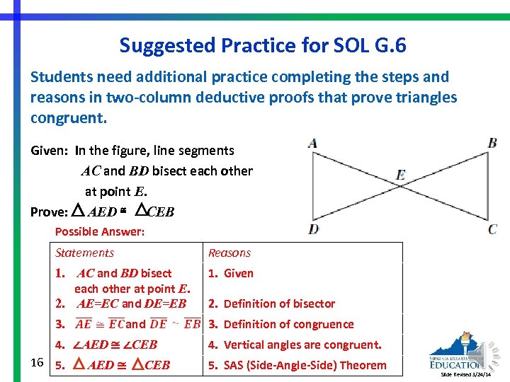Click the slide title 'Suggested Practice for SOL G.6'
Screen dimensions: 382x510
[x=263, y=45]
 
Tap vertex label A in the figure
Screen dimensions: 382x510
[x=312, y=144]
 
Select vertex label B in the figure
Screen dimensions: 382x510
[x=492, y=144]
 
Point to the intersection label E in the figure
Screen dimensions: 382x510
[x=401, y=175]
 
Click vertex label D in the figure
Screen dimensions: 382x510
[x=313, y=228]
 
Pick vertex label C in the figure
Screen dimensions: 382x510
[x=492, y=228]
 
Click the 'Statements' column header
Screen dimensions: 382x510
[x=84, y=253]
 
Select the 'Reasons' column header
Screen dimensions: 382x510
[x=229, y=253]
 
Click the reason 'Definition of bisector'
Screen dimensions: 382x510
[x=272, y=303]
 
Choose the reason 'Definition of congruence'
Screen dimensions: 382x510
[x=281, y=324]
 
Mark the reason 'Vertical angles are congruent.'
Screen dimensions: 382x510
[x=295, y=345]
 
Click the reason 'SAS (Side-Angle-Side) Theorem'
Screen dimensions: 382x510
[x=297, y=365]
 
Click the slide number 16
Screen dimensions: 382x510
[x=38, y=362]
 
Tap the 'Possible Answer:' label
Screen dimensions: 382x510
[x=100, y=231]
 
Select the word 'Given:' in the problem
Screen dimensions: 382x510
[x=50, y=150]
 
